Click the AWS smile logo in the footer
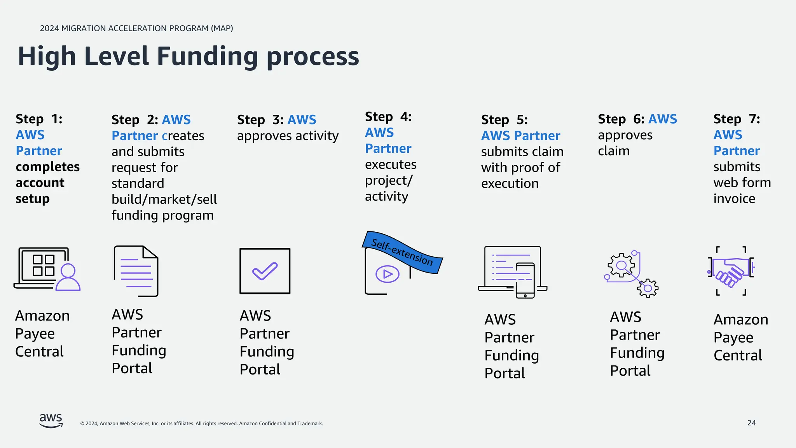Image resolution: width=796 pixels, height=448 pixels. (x=51, y=421)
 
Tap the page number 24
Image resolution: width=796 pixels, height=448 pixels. (x=751, y=423)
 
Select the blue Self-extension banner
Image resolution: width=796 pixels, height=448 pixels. (x=402, y=252)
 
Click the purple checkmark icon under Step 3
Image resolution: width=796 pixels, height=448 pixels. (x=265, y=271)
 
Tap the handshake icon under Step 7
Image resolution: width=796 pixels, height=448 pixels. (x=730, y=272)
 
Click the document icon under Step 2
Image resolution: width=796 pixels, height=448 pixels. (x=136, y=271)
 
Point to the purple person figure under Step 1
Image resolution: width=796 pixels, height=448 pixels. (x=68, y=277)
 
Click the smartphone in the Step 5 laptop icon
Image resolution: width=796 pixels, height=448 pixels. (x=525, y=280)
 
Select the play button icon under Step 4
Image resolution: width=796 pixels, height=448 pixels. (x=387, y=274)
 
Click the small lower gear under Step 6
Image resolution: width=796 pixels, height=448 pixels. (x=648, y=288)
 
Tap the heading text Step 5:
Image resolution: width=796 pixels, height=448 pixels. (x=504, y=120)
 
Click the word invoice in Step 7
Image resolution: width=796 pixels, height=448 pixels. (x=734, y=199)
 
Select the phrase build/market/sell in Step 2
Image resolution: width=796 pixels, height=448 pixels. (x=164, y=199)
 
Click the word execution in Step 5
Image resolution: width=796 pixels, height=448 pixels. (x=510, y=184)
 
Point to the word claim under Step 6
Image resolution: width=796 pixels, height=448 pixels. (x=613, y=151)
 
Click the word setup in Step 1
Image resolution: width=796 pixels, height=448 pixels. (x=33, y=199)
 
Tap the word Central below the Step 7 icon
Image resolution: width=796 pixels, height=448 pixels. (x=737, y=355)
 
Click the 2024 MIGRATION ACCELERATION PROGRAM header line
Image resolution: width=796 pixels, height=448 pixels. (x=136, y=28)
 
